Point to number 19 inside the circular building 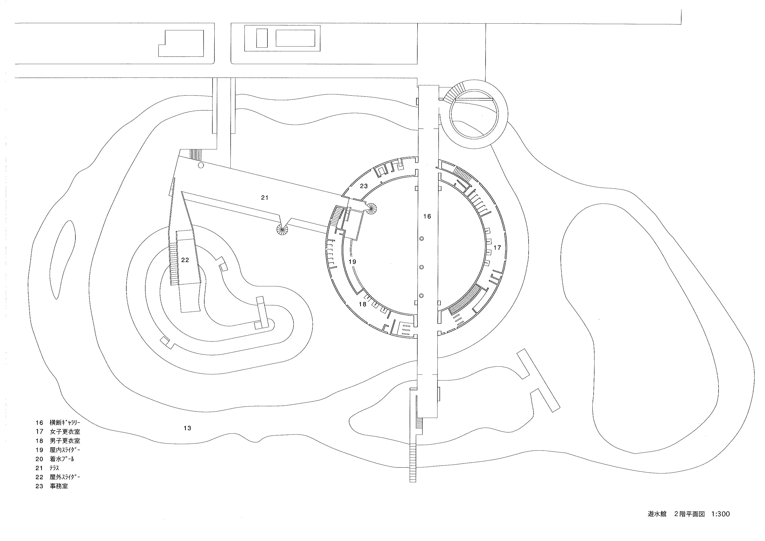pos(353,262)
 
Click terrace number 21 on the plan pos(265,198)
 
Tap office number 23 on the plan pos(364,186)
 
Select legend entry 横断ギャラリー pos(65,422)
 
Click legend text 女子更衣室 pos(65,431)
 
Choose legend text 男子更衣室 pos(65,440)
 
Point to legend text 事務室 pos(59,486)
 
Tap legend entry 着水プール pos(62,459)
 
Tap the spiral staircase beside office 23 pos(371,209)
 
